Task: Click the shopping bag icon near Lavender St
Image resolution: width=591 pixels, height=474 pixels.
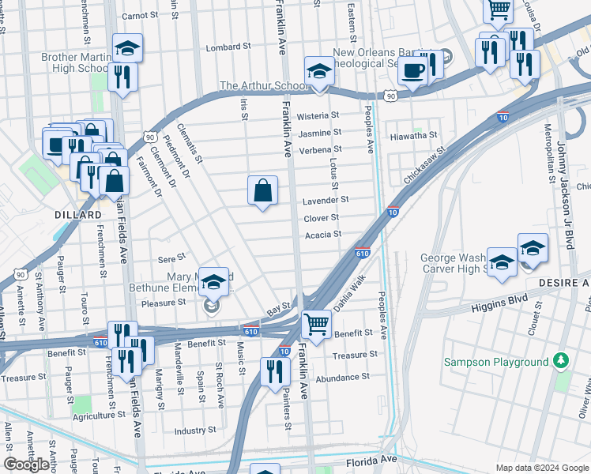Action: coord(262,191)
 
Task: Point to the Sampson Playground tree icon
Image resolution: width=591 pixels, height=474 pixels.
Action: coord(562,361)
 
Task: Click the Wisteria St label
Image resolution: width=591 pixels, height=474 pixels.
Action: coord(318,115)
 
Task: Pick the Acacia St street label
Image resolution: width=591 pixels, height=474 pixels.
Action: coord(322,234)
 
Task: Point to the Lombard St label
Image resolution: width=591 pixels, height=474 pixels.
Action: coord(222,47)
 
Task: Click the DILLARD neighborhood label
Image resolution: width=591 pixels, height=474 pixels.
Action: coord(78,215)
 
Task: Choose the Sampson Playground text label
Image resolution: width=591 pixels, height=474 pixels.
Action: coord(495,362)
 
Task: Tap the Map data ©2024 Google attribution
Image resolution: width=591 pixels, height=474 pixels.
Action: coord(541,468)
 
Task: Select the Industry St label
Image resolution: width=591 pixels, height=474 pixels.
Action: coord(195,431)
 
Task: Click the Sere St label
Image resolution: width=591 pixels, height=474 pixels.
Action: coord(171,258)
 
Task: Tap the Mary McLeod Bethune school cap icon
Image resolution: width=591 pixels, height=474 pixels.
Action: coord(213,281)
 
